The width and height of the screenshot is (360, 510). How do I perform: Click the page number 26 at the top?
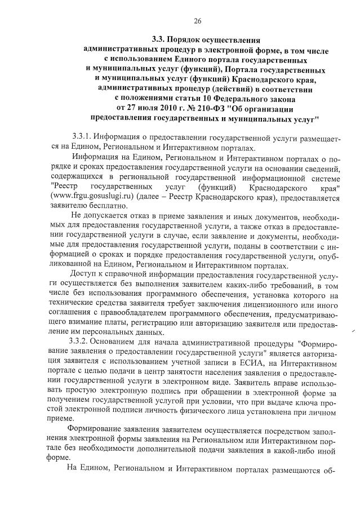[197, 21]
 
